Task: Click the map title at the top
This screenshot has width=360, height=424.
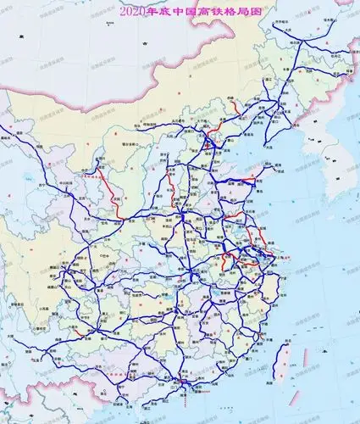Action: click(x=179, y=12)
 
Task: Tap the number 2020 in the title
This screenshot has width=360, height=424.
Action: click(x=134, y=12)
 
